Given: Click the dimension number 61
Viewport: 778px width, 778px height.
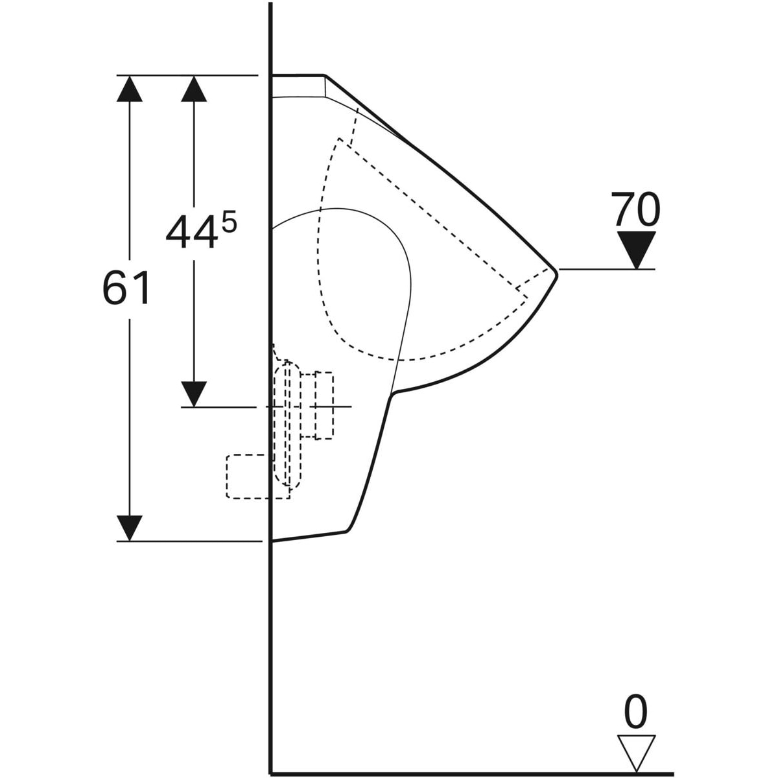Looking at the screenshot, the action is point(126,287).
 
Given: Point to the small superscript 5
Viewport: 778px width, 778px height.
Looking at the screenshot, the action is point(229,223).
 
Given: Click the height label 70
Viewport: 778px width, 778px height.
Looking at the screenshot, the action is point(635,209).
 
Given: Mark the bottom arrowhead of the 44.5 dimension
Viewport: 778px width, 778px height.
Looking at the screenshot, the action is point(194,394).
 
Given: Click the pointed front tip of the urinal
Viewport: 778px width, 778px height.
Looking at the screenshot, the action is point(557,274).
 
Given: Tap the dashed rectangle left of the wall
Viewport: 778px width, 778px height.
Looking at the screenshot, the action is point(258,477).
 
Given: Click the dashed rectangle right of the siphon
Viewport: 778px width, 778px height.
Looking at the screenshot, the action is point(324,405).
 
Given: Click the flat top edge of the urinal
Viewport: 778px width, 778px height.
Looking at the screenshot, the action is point(298,75).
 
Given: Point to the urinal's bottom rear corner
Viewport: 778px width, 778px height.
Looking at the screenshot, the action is point(272,541).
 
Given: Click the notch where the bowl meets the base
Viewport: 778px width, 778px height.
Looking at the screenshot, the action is point(392,394).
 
